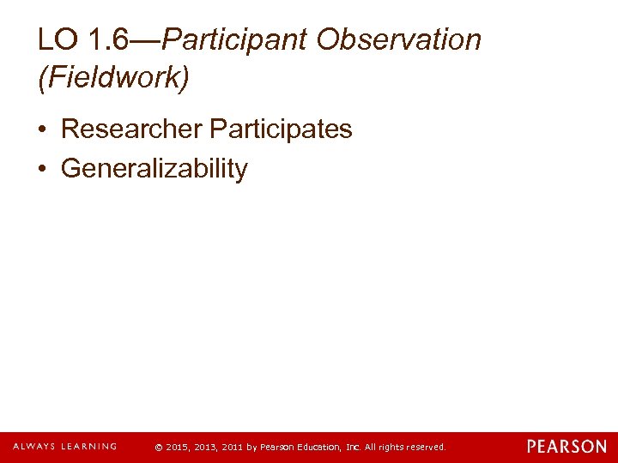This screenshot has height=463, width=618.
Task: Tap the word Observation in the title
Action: point(398,39)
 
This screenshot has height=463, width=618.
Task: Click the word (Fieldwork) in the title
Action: point(113,78)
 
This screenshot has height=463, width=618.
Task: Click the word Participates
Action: point(281,129)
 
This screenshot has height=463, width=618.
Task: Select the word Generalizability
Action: point(154,169)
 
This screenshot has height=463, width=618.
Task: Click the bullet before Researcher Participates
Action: point(43,130)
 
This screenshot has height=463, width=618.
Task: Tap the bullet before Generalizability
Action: point(43,170)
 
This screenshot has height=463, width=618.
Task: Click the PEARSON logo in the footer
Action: point(566,447)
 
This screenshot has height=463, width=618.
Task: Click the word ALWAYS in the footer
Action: point(33,447)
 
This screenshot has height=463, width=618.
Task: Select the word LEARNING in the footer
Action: point(87,447)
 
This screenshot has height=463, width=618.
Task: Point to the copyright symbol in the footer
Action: point(158,448)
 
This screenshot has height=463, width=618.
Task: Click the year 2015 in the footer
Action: point(177,448)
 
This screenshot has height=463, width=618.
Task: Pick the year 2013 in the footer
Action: point(207,448)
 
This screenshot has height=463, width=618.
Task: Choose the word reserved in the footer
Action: point(424,448)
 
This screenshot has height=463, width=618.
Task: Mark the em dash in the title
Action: point(146,39)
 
